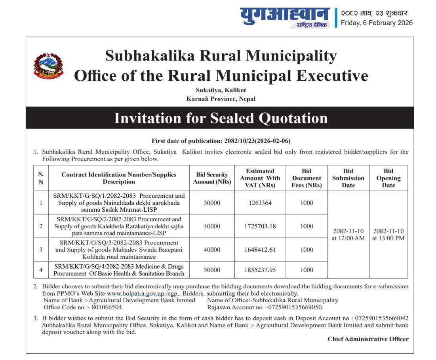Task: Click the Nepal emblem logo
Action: pos(48,65)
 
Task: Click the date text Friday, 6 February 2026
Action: pos(376,23)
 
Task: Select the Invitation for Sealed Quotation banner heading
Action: pos(221,118)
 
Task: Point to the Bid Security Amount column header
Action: pos(212,178)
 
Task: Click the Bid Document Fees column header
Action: pos(307,178)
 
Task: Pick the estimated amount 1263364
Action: pos(260,203)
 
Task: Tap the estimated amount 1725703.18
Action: pos(260,226)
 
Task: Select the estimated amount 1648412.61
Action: pos(260,250)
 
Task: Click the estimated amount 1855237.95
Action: pos(260,270)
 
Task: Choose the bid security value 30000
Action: pos(212,203)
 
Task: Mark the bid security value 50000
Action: pos(212,270)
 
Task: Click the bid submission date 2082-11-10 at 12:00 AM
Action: pos(348,235)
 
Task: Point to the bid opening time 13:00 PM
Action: pos(388,239)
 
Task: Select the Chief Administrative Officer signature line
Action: pos(368,339)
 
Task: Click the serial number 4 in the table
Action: pos(41,270)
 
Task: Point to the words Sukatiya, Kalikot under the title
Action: pos(221,90)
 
